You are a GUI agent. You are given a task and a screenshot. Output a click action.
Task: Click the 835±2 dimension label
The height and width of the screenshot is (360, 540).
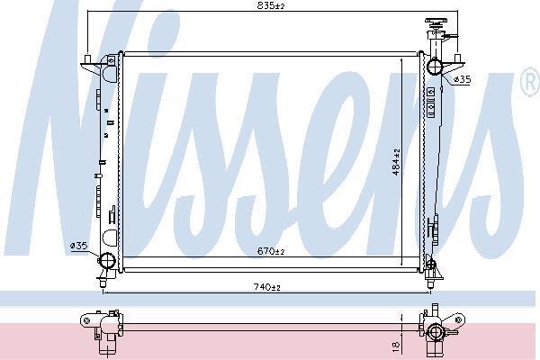(x=271, y=5)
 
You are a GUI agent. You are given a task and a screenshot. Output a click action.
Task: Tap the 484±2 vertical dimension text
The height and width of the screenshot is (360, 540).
(x=396, y=162)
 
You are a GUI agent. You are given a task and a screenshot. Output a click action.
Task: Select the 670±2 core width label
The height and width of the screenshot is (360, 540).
(x=271, y=251)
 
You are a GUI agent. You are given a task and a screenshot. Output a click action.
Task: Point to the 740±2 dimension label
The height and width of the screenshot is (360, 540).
(x=267, y=286)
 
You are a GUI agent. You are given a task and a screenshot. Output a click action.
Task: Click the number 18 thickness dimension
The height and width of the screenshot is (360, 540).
(x=396, y=344)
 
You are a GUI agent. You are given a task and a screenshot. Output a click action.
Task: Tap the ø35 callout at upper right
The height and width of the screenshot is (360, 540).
(x=462, y=79)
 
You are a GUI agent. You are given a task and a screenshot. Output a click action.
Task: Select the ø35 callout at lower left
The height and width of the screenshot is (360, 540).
(x=78, y=246)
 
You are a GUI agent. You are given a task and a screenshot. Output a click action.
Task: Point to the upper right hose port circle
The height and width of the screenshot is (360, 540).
(x=435, y=67)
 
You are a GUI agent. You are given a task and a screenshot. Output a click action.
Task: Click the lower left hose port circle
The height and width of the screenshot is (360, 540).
(x=107, y=260)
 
